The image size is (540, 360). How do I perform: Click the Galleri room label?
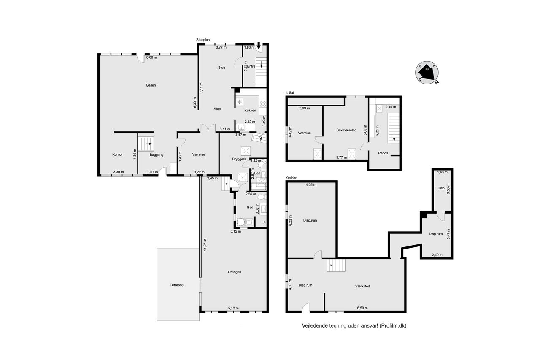pos(151,85)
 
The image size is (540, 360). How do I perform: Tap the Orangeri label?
pos(234,272)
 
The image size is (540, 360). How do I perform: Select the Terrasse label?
pos(176,285)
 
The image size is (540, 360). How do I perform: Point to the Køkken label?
pos(250,111)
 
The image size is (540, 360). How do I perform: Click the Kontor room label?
pos(117,154)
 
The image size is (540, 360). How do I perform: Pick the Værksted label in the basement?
pos(362,286)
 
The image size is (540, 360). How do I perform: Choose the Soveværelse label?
pos(346,130)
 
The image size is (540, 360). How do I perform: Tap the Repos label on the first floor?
pos(383,153)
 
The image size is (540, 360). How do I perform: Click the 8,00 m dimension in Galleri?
pos(151,57)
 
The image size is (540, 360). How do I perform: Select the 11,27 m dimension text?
pos(205,245)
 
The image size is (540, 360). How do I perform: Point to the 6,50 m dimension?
pos(362,308)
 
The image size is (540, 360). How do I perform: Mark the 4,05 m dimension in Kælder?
pos(311,185)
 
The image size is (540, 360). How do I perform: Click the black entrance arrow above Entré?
pos(259,45)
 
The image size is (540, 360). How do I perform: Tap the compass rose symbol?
pos(427,73)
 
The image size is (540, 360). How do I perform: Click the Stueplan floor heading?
pos(203,40)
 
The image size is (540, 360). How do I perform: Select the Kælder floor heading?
pos(291,178)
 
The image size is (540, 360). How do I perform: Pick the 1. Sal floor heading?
pos(289,92)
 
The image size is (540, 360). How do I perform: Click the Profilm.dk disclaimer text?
pos(354,326)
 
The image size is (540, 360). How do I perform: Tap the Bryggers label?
pos(239,159)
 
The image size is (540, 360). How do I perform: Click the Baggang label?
pos(157,155)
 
